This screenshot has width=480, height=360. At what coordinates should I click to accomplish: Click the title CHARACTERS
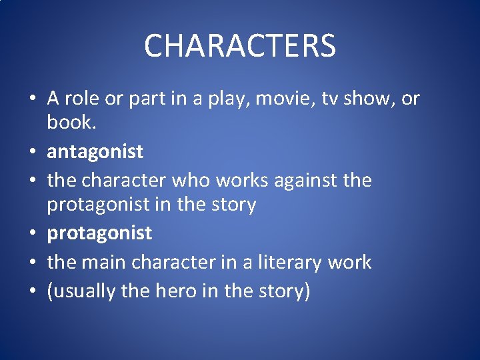point(240,46)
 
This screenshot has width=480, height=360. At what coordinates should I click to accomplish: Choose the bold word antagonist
point(95,152)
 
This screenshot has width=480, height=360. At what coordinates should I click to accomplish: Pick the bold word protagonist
point(99,233)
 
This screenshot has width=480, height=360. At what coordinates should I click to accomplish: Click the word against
point(304,180)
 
